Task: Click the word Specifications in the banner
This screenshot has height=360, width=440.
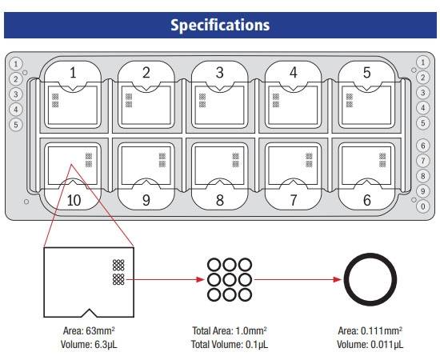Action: (x=220, y=25)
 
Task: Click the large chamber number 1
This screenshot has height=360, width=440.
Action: (x=73, y=73)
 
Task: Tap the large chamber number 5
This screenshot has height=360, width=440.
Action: (x=366, y=73)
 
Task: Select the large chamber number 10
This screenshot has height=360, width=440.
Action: (x=74, y=200)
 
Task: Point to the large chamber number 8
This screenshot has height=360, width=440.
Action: (x=220, y=200)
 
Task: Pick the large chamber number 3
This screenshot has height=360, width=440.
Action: (x=220, y=73)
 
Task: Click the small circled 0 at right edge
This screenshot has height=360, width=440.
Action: (x=423, y=206)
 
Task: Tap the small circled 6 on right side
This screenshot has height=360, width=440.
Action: (x=423, y=146)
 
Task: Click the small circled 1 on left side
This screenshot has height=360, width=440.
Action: (x=16, y=64)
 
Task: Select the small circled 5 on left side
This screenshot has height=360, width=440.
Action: (x=16, y=125)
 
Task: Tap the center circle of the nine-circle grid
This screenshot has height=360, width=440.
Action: (x=230, y=279)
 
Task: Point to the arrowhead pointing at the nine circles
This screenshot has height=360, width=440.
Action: (x=200, y=279)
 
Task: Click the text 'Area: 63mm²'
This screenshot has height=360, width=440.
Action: (x=89, y=331)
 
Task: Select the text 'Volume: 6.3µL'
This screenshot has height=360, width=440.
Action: (x=89, y=345)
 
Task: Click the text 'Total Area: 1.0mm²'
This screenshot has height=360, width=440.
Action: (x=230, y=331)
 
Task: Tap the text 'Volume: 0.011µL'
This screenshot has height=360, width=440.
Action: (x=370, y=345)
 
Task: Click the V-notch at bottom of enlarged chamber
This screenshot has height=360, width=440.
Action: (x=90, y=310)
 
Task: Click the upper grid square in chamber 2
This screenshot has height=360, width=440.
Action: (x=129, y=97)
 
